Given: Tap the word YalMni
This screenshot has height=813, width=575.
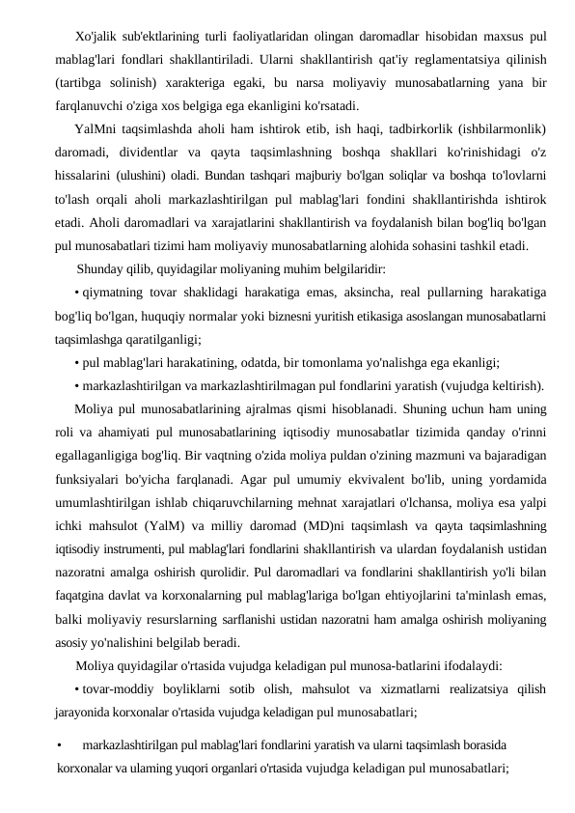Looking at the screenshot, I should (x=95, y=128).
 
